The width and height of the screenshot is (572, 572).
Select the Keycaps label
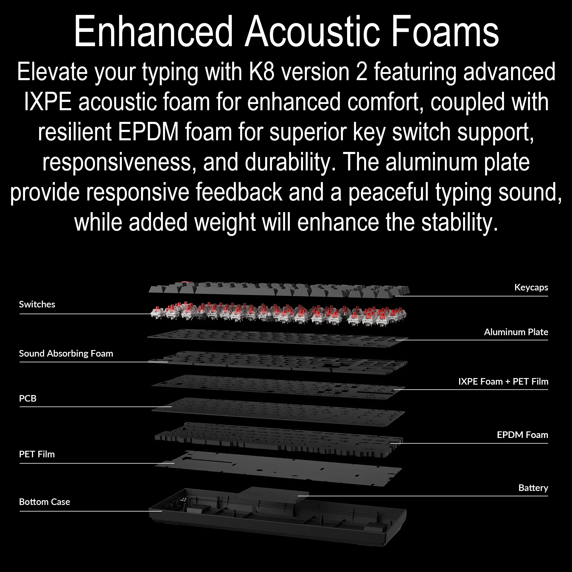point(531,287)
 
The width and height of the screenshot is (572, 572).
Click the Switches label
point(37,304)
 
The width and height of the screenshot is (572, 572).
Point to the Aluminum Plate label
point(516,332)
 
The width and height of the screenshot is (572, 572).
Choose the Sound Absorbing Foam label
point(66,354)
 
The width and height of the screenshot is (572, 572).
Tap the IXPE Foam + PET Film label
point(503,381)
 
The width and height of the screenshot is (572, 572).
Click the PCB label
point(28,398)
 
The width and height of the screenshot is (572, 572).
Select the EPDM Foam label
point(523,435)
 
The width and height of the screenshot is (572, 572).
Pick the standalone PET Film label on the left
point(37,454)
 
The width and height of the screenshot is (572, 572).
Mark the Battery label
point(533,488)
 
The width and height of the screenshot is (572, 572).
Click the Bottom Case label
point(45,502)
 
